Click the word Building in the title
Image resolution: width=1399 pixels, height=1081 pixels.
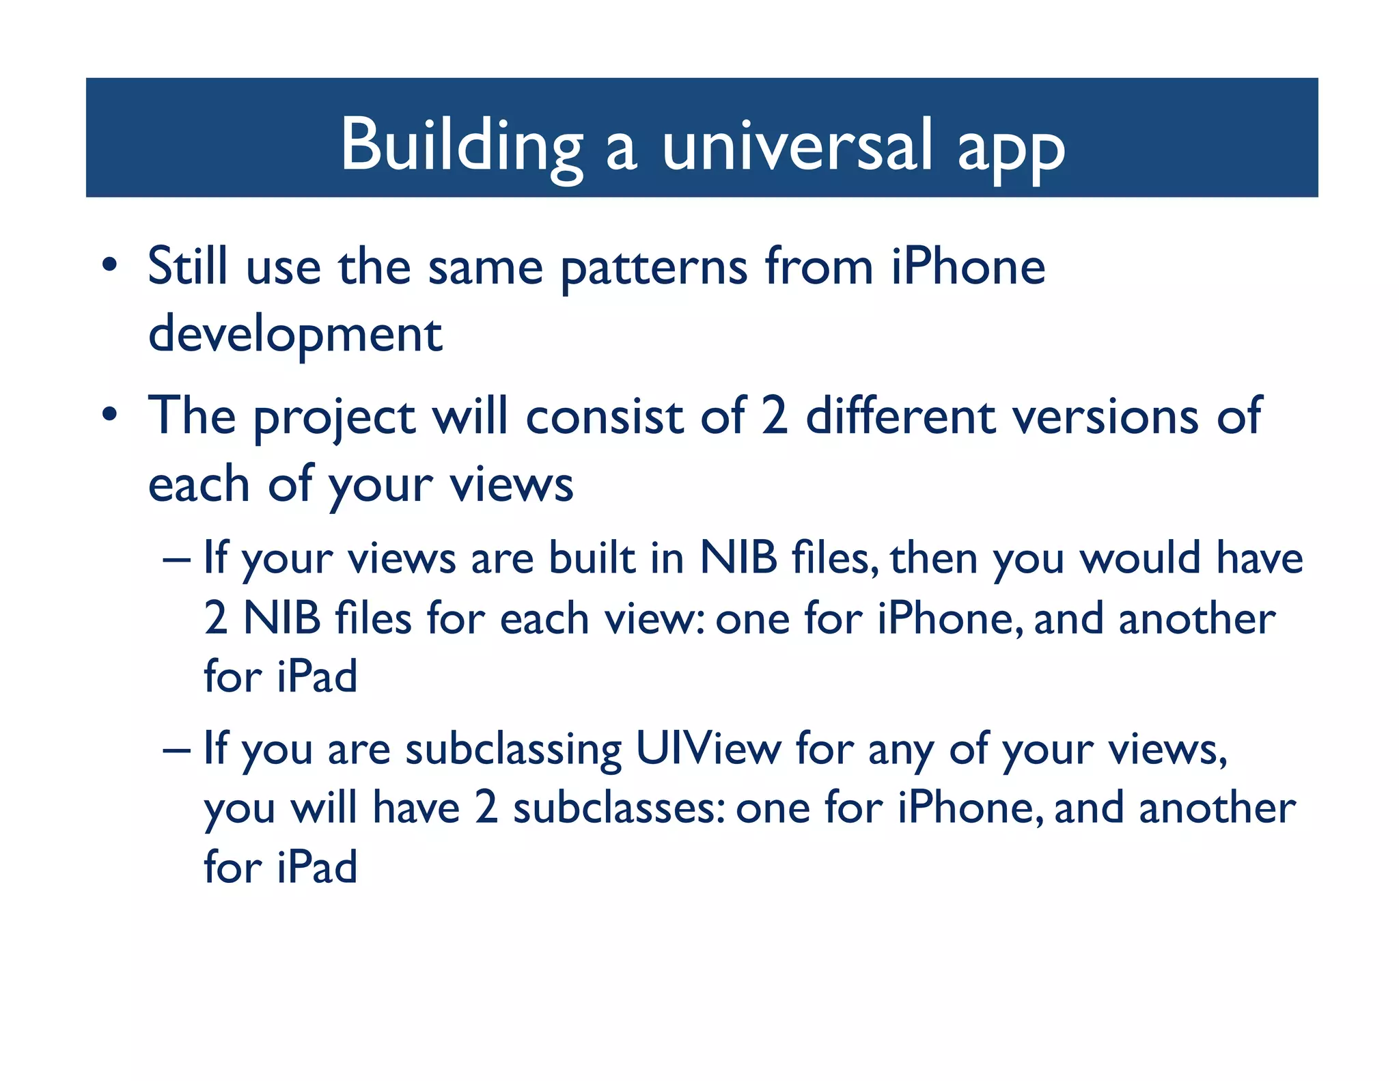click(461, 146)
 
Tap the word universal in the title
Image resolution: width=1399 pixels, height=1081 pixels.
click(797, 146)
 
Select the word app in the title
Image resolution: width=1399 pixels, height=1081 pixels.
click(1010, 150)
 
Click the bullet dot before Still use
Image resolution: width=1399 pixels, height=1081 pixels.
click(109, 266)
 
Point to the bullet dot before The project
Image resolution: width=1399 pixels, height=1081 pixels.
click(109, 415)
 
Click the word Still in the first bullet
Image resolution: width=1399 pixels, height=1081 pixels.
click(187, 266)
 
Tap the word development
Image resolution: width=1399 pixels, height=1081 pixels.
click(295, 336)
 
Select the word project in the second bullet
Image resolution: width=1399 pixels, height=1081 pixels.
click(334, 418)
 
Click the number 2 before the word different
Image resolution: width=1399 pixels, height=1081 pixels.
click(775, 416)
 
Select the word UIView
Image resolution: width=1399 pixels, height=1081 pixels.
click(708, 748)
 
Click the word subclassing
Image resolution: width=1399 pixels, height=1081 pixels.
click(513, 751)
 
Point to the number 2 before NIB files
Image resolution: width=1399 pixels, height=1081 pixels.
click(216, 618)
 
